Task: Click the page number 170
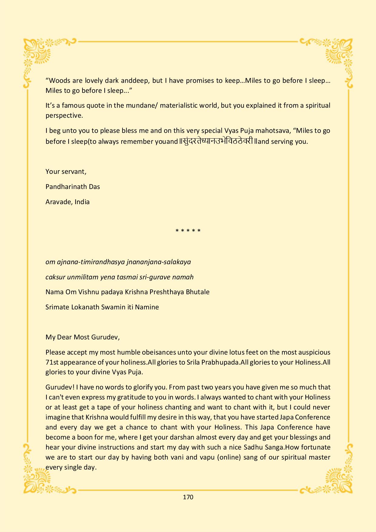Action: [x=188, y=497]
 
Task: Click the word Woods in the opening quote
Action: [x=59, y=80]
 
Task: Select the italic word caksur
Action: [x=55, y=277]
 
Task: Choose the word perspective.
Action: [x=64, y=116]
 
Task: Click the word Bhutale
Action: [x=197, y=292]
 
